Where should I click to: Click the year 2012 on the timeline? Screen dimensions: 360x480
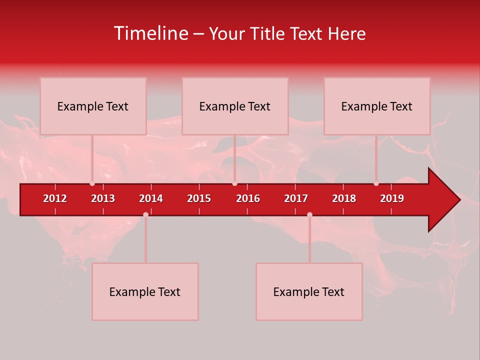point(55,198)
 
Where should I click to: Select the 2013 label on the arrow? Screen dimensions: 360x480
point(103,198)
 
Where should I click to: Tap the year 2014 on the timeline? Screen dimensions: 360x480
point(151,198)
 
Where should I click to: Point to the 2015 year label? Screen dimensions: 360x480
point(199,198)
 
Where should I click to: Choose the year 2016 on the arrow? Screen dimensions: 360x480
point(248,198)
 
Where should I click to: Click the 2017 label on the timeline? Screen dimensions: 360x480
point(296,198)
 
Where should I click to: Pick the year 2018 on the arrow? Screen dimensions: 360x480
point(344,198)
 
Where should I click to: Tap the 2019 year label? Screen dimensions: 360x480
point(392,198)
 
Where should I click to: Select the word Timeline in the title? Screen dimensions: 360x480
point(150,33)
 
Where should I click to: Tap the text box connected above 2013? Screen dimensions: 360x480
point(93,106)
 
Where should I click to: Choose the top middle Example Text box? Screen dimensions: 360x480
point(235,106)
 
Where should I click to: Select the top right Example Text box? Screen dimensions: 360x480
point(377,106)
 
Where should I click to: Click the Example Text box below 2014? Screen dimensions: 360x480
point(145,291)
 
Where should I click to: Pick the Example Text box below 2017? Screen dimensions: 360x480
point(309,291)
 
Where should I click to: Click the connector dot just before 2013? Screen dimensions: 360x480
point(92,183)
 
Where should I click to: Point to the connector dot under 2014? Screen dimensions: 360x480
point(145,214)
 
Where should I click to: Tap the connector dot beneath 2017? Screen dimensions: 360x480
point(309,214)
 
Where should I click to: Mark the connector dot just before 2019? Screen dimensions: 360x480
point(376,183)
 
